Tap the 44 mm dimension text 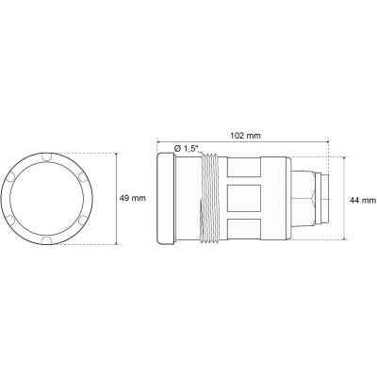[360, 200]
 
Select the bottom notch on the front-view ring [48, 244]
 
